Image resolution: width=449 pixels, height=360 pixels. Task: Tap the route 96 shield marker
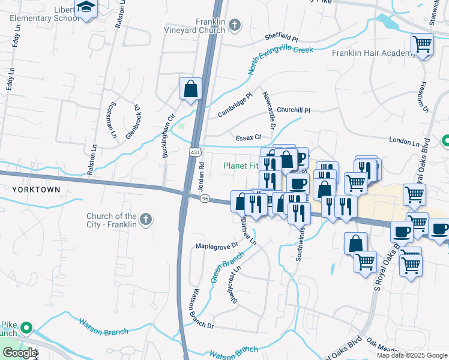point(205,199)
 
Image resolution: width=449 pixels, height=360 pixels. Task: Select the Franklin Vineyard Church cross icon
point(235,25)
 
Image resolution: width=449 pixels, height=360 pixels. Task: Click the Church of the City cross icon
point(146,220)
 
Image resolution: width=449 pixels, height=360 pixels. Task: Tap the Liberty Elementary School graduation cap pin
point(87,8)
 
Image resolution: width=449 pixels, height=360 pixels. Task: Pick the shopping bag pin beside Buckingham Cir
point(190,89)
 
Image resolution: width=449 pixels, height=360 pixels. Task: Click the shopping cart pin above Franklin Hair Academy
point(422,44)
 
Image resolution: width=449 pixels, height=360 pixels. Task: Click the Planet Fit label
point(240,166)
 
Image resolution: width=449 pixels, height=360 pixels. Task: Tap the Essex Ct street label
point(248,138)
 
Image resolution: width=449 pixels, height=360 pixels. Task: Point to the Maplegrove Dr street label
point(217,246)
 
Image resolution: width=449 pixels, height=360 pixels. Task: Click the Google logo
point(19,353)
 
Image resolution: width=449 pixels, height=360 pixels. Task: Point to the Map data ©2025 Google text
point(412,355)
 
